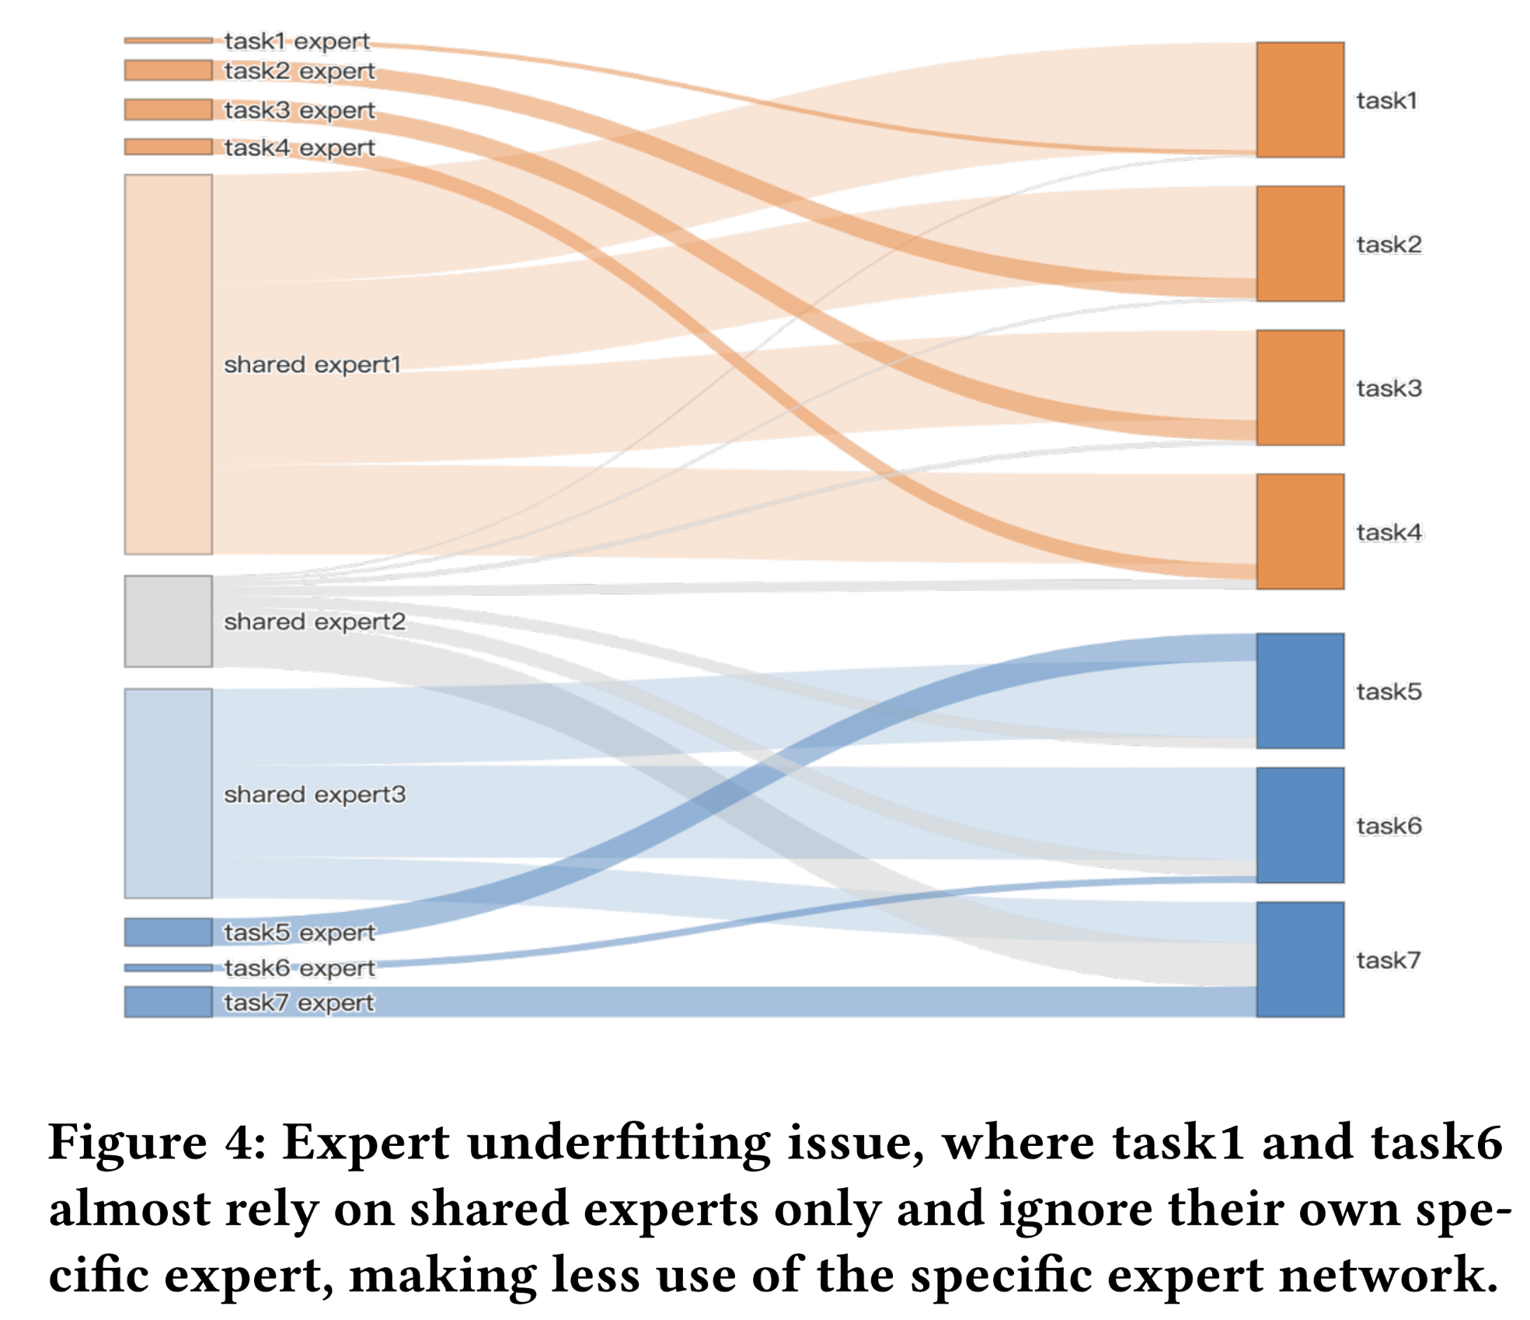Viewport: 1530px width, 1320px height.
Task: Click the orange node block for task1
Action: click(x=1299, y=99)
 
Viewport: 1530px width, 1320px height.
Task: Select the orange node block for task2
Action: click(x=1299, y=243)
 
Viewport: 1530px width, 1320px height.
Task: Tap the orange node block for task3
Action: click(x=1299, y=387)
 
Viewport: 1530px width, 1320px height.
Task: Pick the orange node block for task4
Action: click(x=1299, y=531)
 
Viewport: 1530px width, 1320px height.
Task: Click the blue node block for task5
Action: click(x=1299, y=690)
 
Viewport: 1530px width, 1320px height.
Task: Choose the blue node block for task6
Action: click(x=1299, y=824)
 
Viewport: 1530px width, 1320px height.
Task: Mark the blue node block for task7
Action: click(x=1299, y=959)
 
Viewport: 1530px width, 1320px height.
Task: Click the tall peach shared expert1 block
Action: click(x=168, y=364)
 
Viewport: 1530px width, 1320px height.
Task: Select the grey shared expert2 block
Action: click(x=168, y=621)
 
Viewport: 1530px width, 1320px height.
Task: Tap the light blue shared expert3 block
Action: click(x=168, y=792)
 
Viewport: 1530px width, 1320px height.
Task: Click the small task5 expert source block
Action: click(x=168, y=932)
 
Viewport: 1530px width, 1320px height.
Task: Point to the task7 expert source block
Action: click(x=168, y=1001)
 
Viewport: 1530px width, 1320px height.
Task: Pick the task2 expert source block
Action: click(x=168, y=70)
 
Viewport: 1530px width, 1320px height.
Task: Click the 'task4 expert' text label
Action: click(x=299, y=147)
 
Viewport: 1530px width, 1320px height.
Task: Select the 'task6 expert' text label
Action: click(x=299, y=967)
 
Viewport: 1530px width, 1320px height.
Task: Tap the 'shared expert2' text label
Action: click(x=314, y=621)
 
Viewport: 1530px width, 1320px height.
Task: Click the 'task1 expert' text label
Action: click(x=297, y=40)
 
